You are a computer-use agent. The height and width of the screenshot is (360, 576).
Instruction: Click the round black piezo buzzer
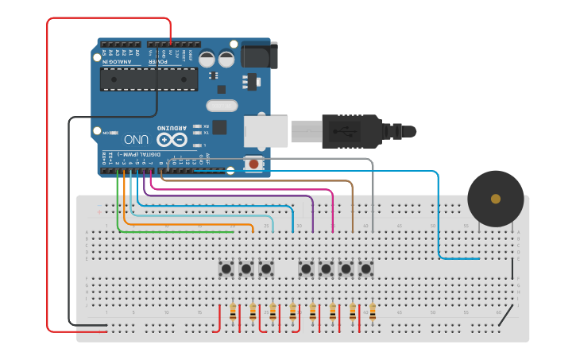pos(496,199)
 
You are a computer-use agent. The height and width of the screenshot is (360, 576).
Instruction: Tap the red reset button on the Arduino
pos(253,164)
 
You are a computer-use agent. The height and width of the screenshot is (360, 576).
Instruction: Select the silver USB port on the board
pos(265,131)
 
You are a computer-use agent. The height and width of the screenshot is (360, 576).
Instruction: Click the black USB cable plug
pos(350,132)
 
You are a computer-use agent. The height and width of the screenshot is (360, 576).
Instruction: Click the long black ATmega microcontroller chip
pos(149,79)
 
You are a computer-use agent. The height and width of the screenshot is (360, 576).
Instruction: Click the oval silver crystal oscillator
pos(222,106)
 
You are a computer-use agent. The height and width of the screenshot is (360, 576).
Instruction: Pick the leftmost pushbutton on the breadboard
pos(226,269)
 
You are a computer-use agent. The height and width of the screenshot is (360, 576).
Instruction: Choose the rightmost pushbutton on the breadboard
pos(365,269)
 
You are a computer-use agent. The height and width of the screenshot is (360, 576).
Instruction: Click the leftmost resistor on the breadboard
pos(233,312)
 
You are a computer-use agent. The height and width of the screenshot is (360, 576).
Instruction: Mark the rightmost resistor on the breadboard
pos(372,312)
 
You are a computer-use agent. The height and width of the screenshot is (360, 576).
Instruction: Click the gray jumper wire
pos(372,191)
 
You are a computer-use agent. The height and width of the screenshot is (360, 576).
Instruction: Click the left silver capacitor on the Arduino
pos(207,59)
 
